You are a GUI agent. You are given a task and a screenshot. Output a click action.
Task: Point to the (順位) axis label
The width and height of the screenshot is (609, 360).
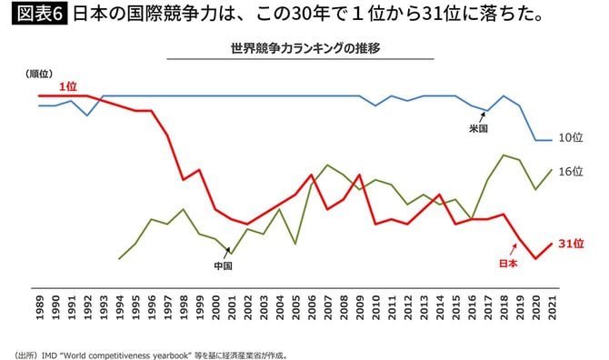41,74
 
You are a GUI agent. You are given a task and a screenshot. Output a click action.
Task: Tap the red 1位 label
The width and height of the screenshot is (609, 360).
68,86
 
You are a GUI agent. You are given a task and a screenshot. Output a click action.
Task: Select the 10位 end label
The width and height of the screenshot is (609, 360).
570,138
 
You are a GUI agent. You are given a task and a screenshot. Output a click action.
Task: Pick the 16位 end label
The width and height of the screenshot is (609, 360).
570,171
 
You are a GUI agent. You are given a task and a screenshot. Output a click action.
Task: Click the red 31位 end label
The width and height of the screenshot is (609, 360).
570,243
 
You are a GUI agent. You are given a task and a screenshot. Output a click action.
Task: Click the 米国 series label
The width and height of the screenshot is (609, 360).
479,129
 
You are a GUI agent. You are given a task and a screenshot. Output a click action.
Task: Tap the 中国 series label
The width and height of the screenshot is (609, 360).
224,266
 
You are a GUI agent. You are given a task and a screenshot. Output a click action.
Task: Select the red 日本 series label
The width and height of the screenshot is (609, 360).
509,264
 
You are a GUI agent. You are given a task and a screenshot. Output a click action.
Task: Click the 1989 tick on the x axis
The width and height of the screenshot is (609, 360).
40,305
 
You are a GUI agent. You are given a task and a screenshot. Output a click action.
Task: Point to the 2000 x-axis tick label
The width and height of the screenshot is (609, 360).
215,305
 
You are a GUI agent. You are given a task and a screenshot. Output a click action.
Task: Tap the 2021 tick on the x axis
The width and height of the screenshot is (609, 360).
551,305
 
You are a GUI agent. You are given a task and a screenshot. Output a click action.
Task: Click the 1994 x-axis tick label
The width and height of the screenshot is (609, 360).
120,305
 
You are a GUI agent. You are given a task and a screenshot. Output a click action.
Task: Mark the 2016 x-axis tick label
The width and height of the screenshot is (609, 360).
471,305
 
